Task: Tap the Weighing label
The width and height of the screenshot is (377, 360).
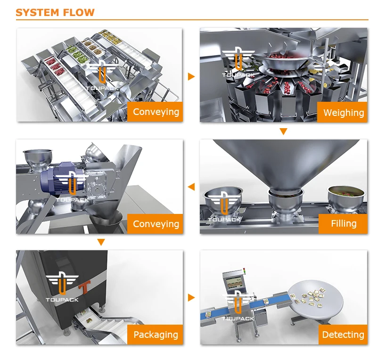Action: [x=343, y=113]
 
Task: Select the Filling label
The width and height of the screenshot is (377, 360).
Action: [x=343, y=223]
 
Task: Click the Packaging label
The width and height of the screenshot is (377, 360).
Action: [x=156, y=335]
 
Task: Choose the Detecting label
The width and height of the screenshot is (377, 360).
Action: [x=343, y=335]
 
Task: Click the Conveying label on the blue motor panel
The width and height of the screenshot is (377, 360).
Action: [x=156, y=224]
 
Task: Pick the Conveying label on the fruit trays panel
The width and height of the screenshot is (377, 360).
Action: [x=156, y=112]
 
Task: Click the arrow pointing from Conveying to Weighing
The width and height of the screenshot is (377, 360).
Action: [x=191, y=76]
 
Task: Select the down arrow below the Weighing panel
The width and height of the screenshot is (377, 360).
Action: [x=283, y=131]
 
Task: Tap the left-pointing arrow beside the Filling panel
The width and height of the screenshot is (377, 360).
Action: [x=191, y=187]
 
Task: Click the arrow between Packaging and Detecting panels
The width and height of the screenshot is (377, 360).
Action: [x=191, y=298]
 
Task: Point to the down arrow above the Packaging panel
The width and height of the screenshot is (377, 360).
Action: [x=100, y=243]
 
